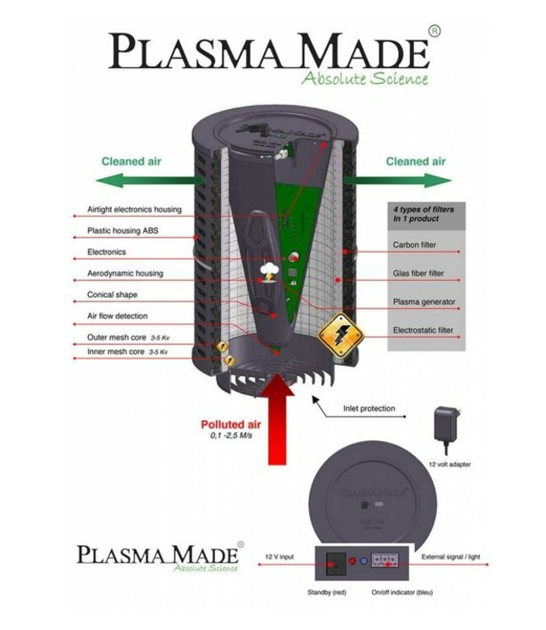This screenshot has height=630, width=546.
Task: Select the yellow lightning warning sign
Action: pos(340,337)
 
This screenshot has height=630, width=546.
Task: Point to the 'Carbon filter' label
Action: pos(414,245)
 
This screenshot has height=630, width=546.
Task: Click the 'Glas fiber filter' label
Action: pos(418,274)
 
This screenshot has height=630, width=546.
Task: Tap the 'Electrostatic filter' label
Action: pos(423,330)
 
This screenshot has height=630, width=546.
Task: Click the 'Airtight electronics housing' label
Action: pos(134,210)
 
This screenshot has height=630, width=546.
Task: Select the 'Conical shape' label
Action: pos(112,295)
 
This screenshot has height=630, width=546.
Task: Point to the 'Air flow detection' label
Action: pos(118,316)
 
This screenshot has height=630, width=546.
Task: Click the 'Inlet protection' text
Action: pos(369,409)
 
